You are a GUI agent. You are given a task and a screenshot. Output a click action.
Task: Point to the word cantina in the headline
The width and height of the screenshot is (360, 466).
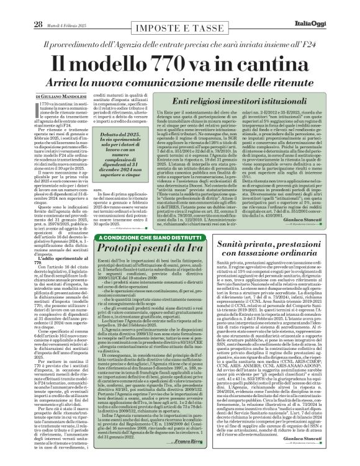pos(278,63)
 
